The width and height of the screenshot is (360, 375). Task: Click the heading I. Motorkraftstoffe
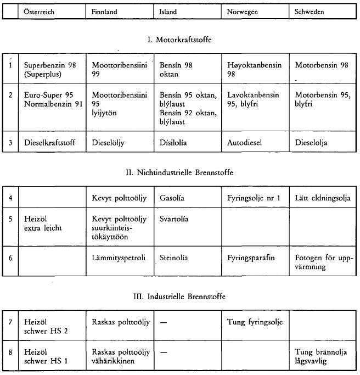179,40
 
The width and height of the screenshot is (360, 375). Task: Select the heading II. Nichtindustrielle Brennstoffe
179,172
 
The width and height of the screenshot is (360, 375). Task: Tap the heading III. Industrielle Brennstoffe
179,296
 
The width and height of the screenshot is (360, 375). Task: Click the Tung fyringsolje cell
254,322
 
